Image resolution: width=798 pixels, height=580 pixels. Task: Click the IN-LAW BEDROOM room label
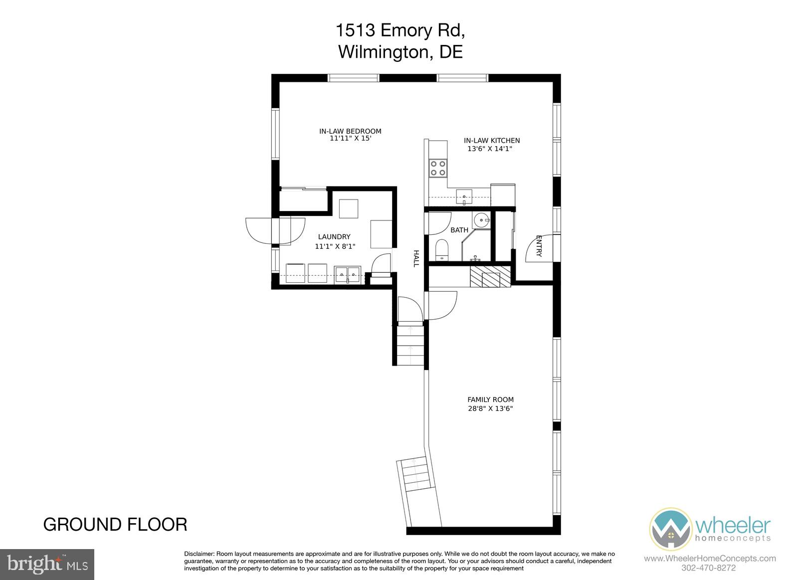point(350,131)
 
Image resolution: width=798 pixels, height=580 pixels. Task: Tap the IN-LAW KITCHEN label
point(492,141)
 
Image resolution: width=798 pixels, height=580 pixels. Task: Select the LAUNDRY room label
point(334,236)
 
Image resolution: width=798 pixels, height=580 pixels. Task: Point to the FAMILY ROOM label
point(490,400)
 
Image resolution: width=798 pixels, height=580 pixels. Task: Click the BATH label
point(459,230)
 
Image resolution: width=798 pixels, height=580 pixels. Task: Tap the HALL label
point(416,259)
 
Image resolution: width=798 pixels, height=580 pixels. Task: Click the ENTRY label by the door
point(539,246)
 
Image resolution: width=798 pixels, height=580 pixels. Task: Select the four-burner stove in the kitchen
point(438,168)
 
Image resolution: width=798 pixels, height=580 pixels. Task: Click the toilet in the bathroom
point(442,250)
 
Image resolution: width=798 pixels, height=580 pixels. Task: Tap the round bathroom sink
point(482,220)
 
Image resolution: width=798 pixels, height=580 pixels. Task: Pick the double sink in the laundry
point(347,275)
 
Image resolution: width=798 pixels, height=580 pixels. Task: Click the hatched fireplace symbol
point(490,276)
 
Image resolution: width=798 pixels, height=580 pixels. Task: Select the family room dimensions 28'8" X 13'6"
point(490,408)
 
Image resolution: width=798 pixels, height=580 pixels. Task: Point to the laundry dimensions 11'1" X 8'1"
point(335,246)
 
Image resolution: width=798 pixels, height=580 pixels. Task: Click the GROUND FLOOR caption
point(115,525)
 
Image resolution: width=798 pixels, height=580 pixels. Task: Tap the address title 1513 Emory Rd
point(400,30)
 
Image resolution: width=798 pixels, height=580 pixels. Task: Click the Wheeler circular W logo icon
point(670,530)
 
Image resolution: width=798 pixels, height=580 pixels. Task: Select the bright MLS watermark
point(47,565)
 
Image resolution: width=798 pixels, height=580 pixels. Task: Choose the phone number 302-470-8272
point(708,568)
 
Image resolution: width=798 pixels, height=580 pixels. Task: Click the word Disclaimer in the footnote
point(199,554)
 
